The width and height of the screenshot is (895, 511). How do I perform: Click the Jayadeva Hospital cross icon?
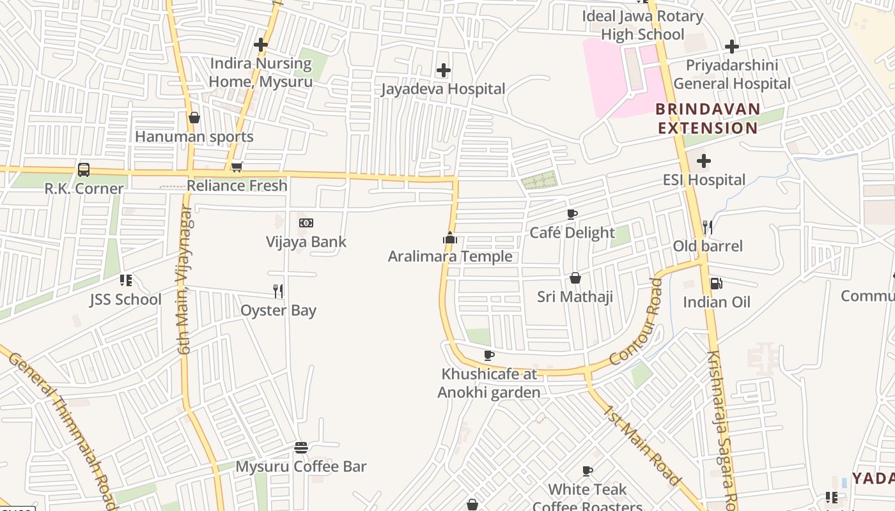click(443, 70)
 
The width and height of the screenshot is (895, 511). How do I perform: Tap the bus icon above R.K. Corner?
click(84, 170)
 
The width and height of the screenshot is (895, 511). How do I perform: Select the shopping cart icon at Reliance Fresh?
click(237, 167)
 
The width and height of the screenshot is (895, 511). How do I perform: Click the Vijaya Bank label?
click(306, 242)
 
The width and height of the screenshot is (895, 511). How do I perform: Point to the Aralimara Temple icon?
click(450, 238)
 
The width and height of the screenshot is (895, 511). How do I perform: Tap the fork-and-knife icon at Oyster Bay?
click(278, 291)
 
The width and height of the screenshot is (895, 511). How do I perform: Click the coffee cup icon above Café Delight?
click(572, 215)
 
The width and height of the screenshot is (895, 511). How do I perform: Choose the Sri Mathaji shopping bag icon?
click(575, 278)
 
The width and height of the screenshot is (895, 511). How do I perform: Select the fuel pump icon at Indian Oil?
click(717, 284)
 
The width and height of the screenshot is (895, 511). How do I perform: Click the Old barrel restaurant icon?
click(708, 227)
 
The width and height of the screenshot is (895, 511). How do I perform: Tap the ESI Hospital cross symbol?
click(704, 161)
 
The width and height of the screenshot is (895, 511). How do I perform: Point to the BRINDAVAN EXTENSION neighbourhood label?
click(708, 118)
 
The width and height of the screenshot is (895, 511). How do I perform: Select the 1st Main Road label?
click(641, 445)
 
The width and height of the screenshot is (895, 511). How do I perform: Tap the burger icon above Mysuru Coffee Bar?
click(301, 448)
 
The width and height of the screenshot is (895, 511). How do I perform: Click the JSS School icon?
click(125, 280)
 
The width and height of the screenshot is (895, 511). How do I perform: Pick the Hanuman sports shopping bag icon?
click(194, 118)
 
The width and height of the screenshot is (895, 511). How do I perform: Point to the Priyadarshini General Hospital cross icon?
click(732, 47)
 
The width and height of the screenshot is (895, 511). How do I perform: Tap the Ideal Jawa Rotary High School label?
click(642, 25)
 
